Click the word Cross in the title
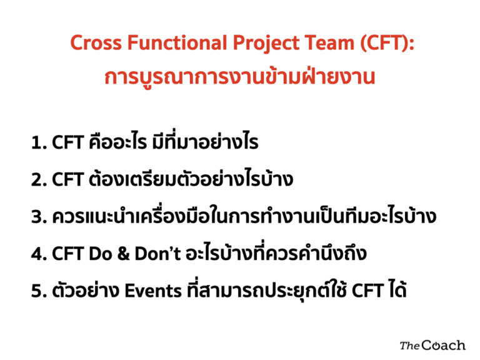96,42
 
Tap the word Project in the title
266,43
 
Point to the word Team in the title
329,42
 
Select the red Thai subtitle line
239,76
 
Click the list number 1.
39,143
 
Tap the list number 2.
39,180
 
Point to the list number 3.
39,216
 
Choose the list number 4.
39,254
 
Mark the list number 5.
39,291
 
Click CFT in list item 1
67,142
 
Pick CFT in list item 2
67,179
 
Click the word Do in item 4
100,254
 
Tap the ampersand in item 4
123,254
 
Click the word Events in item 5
153,291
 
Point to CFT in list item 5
367,291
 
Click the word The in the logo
410,346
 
